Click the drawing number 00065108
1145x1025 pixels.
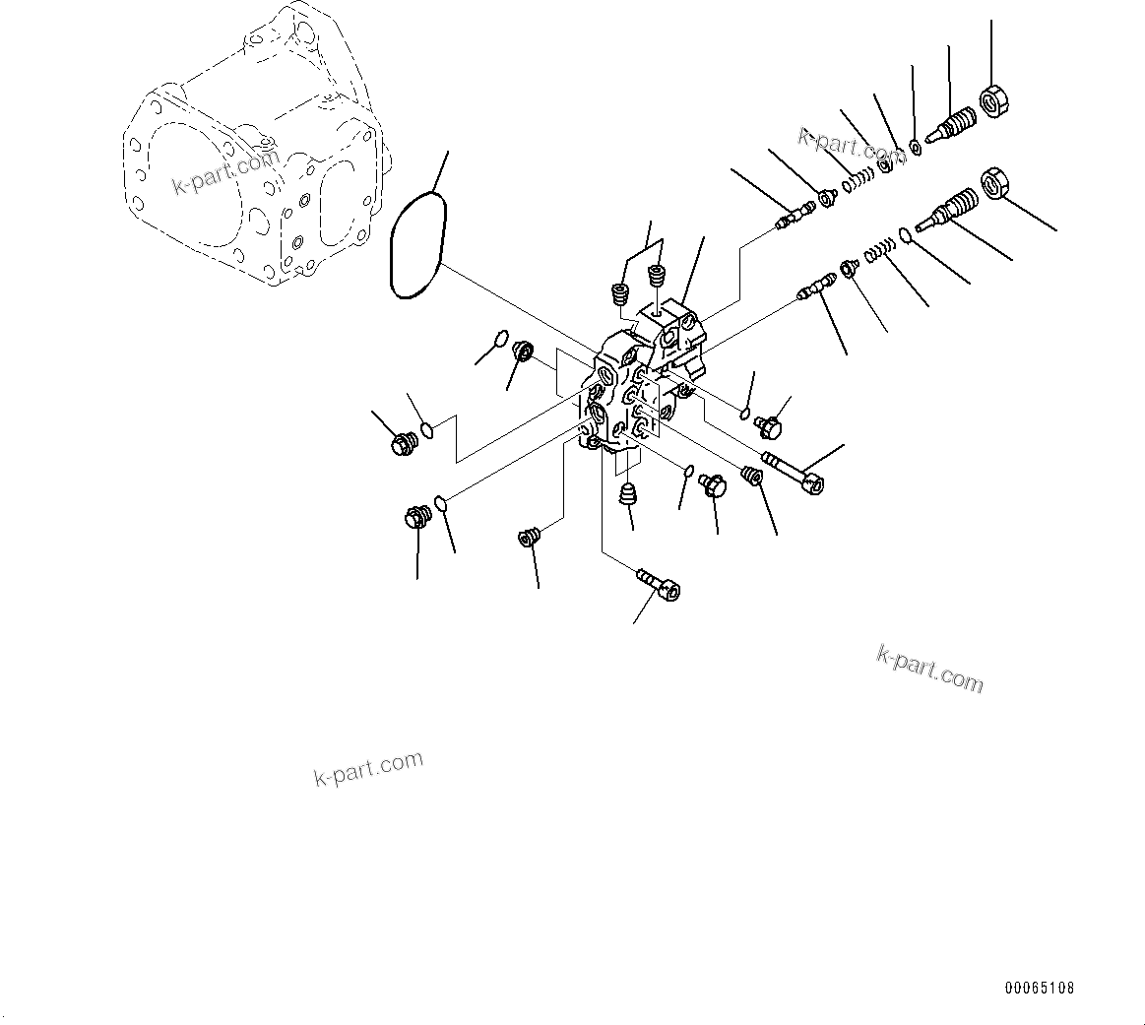pyautogui.click(x=1040, y=988)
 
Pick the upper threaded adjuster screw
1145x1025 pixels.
pyautogui.click(x=949, y=127)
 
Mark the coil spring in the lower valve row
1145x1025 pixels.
pyautogui.click(x=878, y=254)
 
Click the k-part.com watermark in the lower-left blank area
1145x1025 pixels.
pyautogui.click(x=368, y=768)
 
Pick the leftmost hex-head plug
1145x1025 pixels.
pyautogui.click(x=401, y=445)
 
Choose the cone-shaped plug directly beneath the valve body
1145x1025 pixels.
pyautogui.click(x=626, y=491)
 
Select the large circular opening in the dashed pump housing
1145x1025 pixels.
pyautogui.click(x=187, y=182)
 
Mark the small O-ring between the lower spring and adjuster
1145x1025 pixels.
pyautogui.click(x=904, y=236)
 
